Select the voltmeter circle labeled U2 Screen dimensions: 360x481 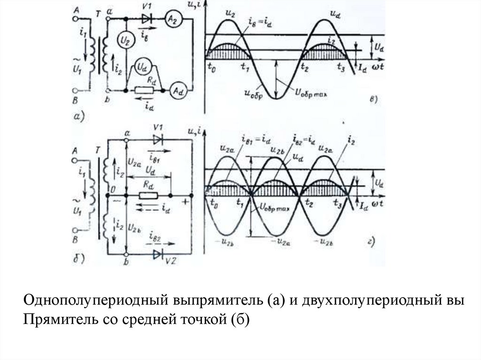[123, 39]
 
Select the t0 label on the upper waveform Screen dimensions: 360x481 [211, 67]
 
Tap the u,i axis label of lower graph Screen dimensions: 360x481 [194, 131]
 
